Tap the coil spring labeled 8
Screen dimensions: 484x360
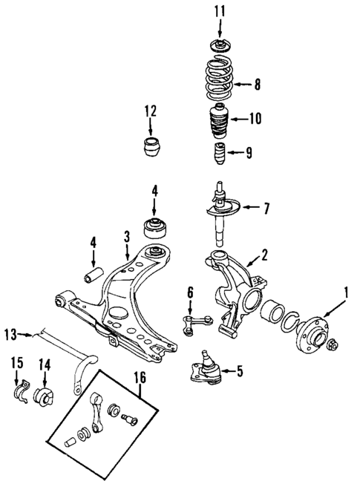[218, 83]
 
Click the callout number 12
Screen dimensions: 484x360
[151, 111]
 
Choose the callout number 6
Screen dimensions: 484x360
[189, 292]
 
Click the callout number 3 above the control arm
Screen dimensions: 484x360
[126, 236]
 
